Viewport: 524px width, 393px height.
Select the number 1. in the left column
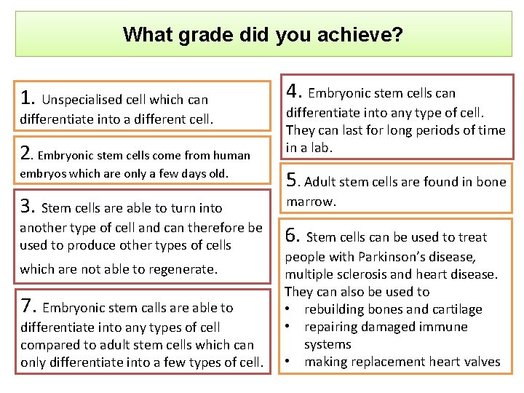28,98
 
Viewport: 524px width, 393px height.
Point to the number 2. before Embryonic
27,153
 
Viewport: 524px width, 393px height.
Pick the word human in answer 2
233,155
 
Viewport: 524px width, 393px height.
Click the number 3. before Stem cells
29,207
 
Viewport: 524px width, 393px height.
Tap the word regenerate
183,269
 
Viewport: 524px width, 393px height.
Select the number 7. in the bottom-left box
29,306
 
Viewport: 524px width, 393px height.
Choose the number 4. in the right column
294,91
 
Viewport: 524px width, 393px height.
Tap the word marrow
311,202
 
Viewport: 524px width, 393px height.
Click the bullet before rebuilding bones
290,309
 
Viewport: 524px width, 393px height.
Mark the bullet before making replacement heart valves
290,362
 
